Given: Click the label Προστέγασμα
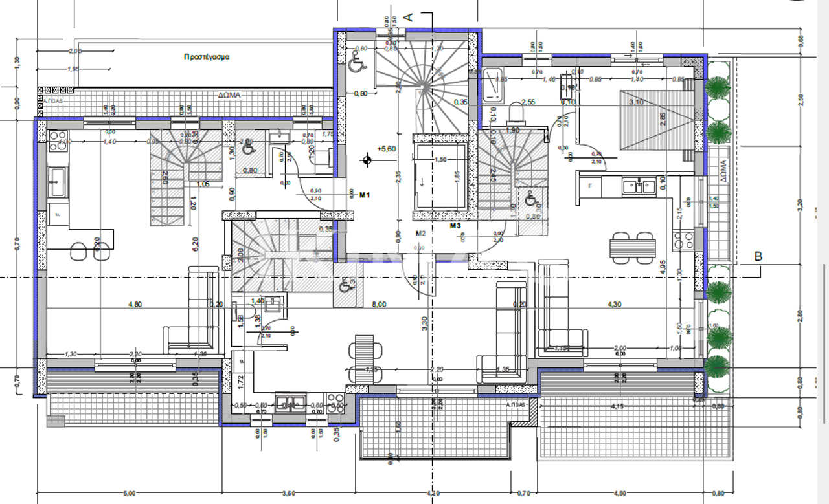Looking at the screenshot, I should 207,56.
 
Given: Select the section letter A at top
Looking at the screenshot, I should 409,17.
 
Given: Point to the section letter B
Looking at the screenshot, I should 758,257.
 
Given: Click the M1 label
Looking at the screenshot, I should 365,194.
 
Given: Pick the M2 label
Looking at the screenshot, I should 420,233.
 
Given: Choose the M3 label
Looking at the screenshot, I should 455,226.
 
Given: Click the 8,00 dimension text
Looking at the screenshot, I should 379,304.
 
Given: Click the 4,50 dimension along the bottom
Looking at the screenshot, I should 619,494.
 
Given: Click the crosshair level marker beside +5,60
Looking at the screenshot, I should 367,159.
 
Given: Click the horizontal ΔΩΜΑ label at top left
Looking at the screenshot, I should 229,94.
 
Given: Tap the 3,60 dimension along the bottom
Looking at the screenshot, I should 290,494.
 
